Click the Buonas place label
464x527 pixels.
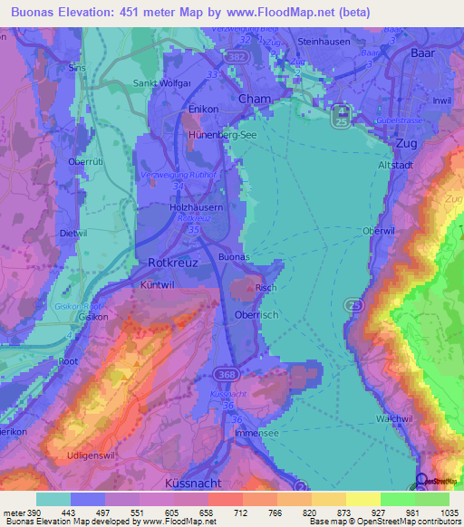233,257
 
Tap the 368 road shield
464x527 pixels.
226,374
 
